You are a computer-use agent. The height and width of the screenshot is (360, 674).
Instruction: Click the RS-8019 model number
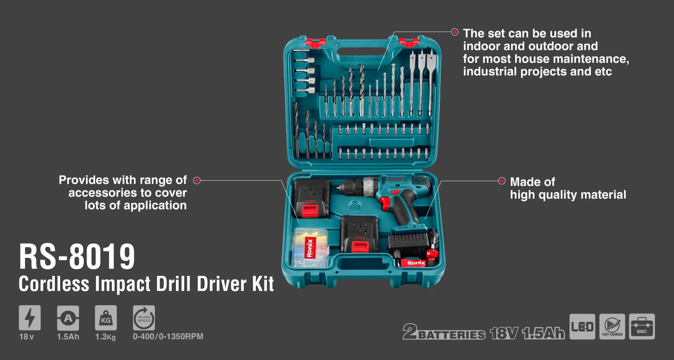(x=77, y=257)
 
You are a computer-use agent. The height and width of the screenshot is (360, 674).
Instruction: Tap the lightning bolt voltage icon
(x=29, y=318)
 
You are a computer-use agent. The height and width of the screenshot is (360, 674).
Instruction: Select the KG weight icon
(x=106, y=318)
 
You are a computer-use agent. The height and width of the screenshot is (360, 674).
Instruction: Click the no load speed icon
(x=144, y=318)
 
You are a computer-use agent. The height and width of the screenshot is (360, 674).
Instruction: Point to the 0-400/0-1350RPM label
(x=168, y=337)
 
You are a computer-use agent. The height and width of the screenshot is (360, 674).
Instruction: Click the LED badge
(x=582, y=327)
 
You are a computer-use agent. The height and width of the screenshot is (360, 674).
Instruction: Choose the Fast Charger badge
(x=612, y=327)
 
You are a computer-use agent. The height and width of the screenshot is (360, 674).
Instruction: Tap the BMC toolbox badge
(x=642, y=327)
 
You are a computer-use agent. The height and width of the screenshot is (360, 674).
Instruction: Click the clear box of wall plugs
(x=310, y=247)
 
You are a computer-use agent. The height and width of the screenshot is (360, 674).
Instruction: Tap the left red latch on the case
(x=315, y=42)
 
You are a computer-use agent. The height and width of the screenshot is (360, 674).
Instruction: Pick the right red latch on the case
(x=409, y=42)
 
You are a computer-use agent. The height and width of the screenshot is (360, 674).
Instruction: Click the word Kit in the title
(x=263, y=283)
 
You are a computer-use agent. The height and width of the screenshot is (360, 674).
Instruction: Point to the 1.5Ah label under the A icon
(x=68, y=337)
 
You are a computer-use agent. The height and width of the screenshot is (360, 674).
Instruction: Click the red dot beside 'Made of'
(x=502, y=181)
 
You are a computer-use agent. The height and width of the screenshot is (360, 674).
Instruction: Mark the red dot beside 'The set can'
(x=455, y=32)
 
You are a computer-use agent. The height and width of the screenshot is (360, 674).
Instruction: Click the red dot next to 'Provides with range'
(x=197, y=181)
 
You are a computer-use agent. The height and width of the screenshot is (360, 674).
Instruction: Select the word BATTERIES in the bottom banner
(x=452, y=335)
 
